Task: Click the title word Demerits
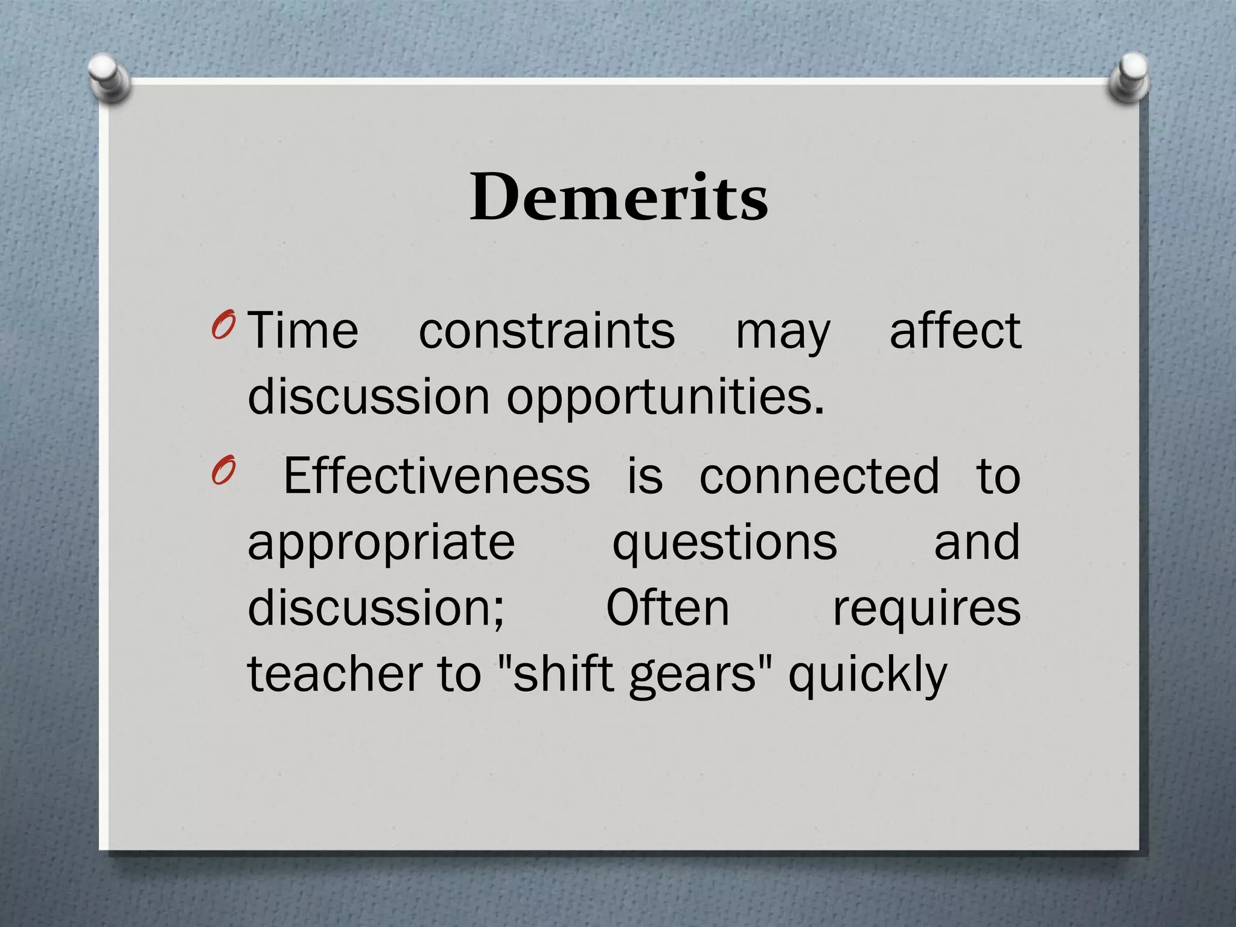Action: [619, 197]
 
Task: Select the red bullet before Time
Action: [223, 326]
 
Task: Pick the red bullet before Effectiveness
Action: [223, 471]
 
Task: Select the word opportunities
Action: [665, 398]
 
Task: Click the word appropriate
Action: [381, 543]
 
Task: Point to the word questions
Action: [725, 543]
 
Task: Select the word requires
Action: [926, 610]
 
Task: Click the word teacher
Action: [335, 674]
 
